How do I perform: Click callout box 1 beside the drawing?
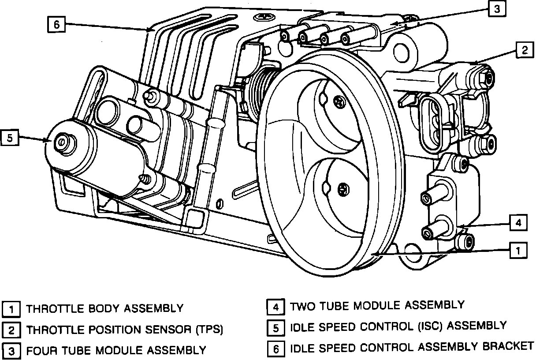[518, 251]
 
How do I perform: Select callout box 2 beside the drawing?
[524, 50]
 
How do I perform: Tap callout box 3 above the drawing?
[497, 9]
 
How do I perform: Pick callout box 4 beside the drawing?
[518, 223]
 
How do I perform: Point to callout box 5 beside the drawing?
[10, 138]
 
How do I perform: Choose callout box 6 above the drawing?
[56, 24]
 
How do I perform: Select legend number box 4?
[275, 306]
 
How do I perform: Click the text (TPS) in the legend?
[207, 329]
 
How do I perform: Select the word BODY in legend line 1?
[103, 308]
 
